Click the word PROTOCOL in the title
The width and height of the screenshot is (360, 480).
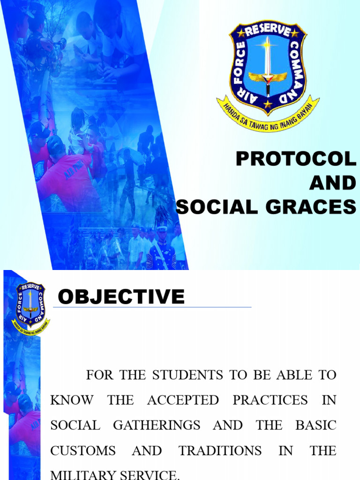[x=296, y=160]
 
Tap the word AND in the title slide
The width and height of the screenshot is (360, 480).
[x=333, y=183]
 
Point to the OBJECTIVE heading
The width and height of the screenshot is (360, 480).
[x=121, y=297]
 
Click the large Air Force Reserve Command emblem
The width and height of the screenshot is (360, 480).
[x=268, y=75]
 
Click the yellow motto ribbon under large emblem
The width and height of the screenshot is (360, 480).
[x=268, y=117]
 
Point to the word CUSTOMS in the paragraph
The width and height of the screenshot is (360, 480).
[x=83, y=451]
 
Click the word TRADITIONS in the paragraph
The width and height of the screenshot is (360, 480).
[x=220, y=451]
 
